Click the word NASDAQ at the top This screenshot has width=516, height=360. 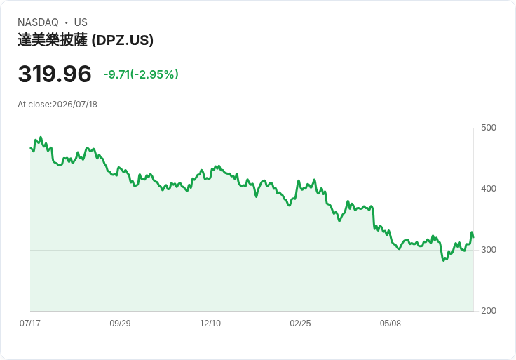[38, 22]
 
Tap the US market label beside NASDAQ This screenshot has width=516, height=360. [81, 22]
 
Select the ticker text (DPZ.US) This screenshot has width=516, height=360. [123, 40]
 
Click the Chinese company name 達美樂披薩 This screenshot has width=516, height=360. [53, 40]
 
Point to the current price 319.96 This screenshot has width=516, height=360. [55, 74]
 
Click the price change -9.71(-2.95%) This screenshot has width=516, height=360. [141, 74]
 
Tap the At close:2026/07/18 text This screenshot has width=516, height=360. [57, 105]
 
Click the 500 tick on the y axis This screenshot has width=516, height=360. [489, 128]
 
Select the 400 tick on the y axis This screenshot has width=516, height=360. [489, 189]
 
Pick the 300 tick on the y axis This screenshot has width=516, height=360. [489, 250]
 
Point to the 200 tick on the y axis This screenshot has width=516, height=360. [489, 311]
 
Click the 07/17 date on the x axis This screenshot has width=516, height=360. [30, 324]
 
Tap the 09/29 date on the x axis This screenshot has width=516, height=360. [120, 324]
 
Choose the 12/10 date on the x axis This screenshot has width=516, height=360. [210, 324]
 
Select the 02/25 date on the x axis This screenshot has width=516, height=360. [300, 324]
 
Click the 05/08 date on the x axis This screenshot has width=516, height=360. [391, 324]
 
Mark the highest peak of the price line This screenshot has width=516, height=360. [41, 137]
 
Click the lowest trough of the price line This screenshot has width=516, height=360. [444, 260]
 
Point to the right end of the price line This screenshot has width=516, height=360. [473, 237]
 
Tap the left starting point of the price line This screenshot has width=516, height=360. [31, 148]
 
